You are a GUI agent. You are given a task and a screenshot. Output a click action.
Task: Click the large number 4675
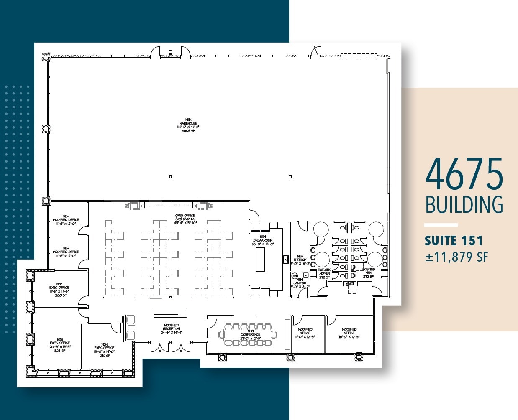[464, 174]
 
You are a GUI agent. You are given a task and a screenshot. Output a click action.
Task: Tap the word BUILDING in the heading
[464, 205]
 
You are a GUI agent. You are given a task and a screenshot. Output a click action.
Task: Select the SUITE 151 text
[454, 241]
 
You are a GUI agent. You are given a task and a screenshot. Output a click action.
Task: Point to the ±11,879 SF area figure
[456, 257]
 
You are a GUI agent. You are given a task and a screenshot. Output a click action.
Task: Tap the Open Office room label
[185, 219]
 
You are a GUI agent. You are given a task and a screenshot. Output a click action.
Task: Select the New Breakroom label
[263, 240]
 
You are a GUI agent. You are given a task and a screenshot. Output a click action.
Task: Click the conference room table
[250, 334]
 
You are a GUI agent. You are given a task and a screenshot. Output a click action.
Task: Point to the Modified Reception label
[171, 329]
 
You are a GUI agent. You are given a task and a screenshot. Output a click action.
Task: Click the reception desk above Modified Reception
[170, 313]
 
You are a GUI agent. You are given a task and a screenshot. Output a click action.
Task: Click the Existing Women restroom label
[324, 273]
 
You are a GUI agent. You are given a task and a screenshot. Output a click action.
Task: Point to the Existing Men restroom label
[368, 272]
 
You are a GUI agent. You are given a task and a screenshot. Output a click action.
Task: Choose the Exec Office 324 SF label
[60, 345]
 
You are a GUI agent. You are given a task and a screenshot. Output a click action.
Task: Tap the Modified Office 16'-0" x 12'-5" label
[349, 333]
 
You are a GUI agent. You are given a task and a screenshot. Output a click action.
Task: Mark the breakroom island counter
[260, 259]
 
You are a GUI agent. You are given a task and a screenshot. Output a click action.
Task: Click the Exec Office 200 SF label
[59, 290]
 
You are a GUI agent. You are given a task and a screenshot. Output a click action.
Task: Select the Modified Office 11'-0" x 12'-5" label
[305, 333]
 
